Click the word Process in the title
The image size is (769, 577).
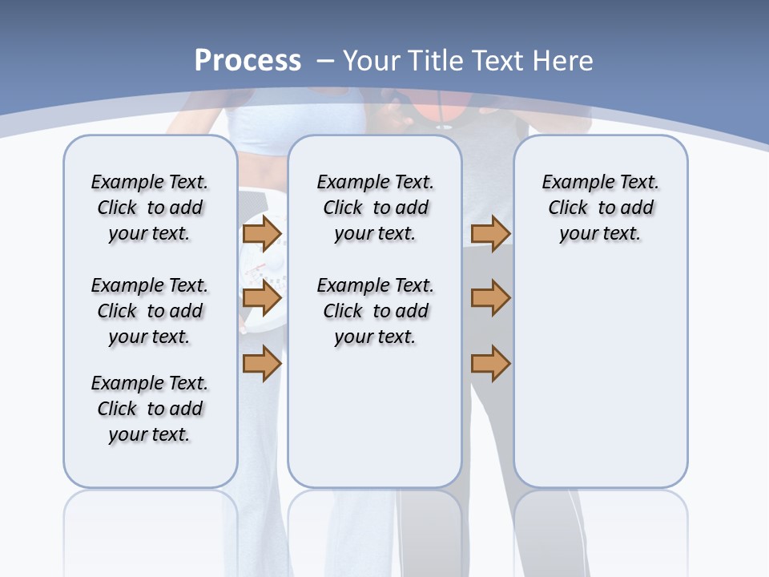pos(248,61)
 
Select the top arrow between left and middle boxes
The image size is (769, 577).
pos(262,233)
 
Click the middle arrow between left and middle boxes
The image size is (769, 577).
pos(262,298)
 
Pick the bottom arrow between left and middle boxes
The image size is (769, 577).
pos(262,363)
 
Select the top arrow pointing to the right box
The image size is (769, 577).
pos(490,233)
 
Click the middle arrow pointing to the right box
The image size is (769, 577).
pos(490,298)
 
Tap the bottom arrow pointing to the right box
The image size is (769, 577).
pos(490,363)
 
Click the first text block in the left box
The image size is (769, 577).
pos(150,208)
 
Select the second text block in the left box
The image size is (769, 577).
pos(150,311)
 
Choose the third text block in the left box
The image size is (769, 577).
pos(150,409)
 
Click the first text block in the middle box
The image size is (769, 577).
pos(375,208)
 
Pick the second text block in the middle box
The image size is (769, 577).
pos(375,311)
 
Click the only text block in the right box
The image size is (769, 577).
pos(600,208)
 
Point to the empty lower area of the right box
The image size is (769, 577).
pos(600,377)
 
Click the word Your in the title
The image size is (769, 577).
pos(372,61)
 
